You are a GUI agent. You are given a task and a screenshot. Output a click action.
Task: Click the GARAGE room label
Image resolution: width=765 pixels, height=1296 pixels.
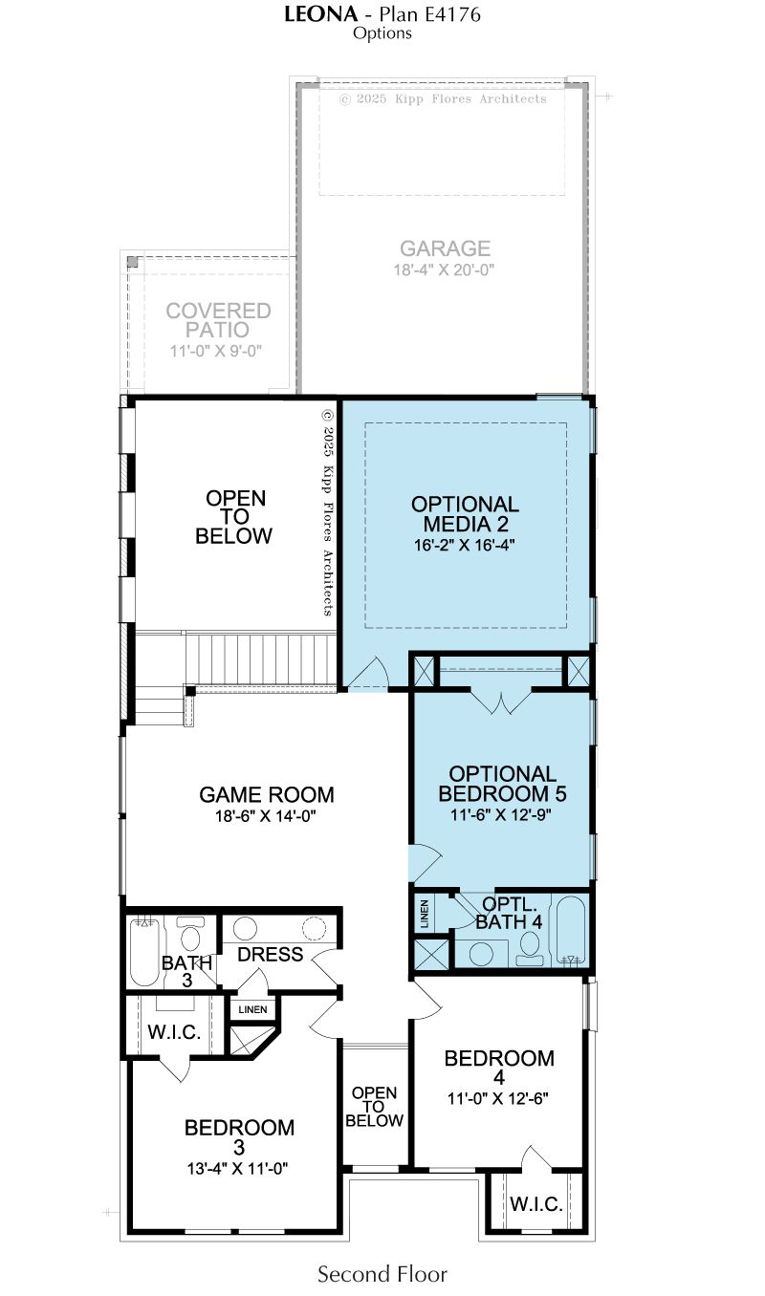(445, 248)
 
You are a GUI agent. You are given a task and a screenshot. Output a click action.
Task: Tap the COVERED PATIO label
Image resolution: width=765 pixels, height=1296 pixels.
(218, 320)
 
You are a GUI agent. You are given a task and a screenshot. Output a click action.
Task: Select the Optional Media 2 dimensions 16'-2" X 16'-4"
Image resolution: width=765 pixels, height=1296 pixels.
(464, 545)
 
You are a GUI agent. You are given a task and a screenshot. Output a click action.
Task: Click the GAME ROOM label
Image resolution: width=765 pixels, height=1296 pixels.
(267, 794)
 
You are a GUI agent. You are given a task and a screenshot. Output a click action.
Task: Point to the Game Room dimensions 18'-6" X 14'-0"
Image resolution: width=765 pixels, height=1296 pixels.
(266, 816)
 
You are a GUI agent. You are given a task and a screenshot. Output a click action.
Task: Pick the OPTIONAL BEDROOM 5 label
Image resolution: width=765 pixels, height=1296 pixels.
(502, 784)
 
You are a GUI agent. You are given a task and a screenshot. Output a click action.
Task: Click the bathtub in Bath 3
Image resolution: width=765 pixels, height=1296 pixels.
(143, 952)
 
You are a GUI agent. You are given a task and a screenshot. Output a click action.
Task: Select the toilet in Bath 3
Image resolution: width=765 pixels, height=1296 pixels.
(188, 933)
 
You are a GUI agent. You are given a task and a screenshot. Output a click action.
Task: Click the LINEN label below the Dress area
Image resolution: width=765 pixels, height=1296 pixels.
(252, 1009)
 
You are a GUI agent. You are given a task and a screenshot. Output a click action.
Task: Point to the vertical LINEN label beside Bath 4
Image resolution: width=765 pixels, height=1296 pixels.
(425, 914)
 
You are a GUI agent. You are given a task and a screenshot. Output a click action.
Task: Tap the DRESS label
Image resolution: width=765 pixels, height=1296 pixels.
(271, 954)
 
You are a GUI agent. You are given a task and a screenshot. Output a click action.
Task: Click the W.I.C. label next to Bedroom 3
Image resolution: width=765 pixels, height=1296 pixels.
(174, 1031)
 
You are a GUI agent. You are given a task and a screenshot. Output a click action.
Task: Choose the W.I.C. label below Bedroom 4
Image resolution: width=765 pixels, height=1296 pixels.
(536, 1204)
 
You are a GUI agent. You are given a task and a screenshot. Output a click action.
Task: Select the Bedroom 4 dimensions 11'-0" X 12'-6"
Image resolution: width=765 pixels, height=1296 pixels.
(497, 1097)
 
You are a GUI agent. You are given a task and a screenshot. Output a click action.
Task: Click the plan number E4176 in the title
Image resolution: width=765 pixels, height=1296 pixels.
(452, 14)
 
